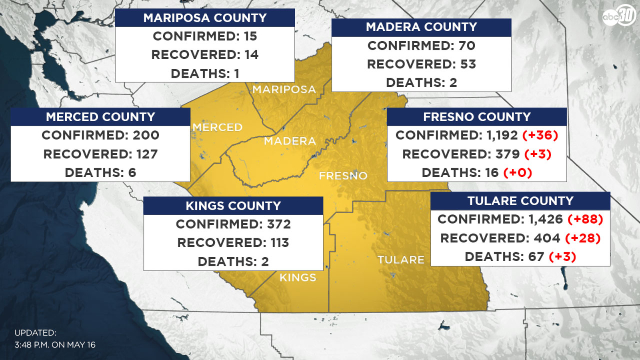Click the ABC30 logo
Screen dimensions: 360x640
pyautogui.click(x=619, y=16)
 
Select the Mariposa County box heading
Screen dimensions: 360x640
pyautogui.click(x=205, y=18)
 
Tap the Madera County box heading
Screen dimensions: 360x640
pyautogui.click(x=421, y=27)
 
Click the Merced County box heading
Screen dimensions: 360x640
pyautogui.click(x=100, y=117)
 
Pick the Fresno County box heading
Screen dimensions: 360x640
pyautogui.click(x=477, y=117)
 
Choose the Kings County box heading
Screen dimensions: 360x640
pyautogui.click(x=233, y=206)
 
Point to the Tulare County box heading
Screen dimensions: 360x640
pyautogui.click(x=520, y=201)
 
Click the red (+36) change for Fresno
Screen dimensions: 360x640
pyautogui.click(x=540, y=135)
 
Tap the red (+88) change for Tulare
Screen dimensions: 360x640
pyautogui.click(x=585, y=219)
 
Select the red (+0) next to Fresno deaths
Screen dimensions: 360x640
pyautogui.click(x=518, y=173)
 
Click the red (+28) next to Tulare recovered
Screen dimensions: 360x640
pyautogui.click(x=583, y=238)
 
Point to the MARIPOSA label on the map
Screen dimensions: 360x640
pyautogui.click(x=284, y=89)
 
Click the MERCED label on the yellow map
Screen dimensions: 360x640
pyautogui.click(x=218, y=127)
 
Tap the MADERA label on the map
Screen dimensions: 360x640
pyautogui.click(x=290, y=141)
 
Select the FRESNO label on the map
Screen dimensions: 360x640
pyautogui.click(x=343, y=176)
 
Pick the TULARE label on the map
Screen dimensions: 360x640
pyautogui.click(x=401, y=260)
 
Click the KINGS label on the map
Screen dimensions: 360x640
pyautogui.click(x=298, y=277)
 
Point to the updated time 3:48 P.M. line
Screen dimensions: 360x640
pyautogui.click(x=55, y=345)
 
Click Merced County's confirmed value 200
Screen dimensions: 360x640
pyautogui.click(x=146, y=135)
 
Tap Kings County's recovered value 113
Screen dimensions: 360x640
pyautogui.click(x=279, y=243)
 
